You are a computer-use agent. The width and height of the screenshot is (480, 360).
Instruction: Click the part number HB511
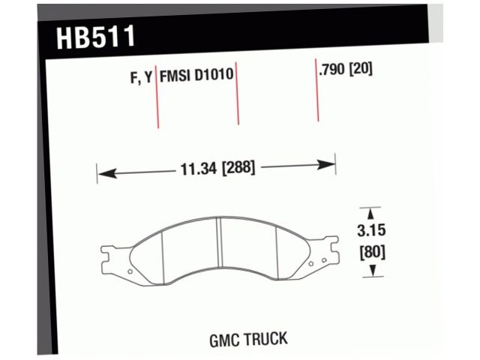coord(95,37)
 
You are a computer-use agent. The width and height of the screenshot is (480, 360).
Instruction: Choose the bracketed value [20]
coord(361,70)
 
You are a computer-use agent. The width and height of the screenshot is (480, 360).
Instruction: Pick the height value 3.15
coord(371,232)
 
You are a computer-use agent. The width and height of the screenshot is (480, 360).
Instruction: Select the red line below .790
coord(317,97)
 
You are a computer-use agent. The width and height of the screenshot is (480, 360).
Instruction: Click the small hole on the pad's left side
coord(130,271)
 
